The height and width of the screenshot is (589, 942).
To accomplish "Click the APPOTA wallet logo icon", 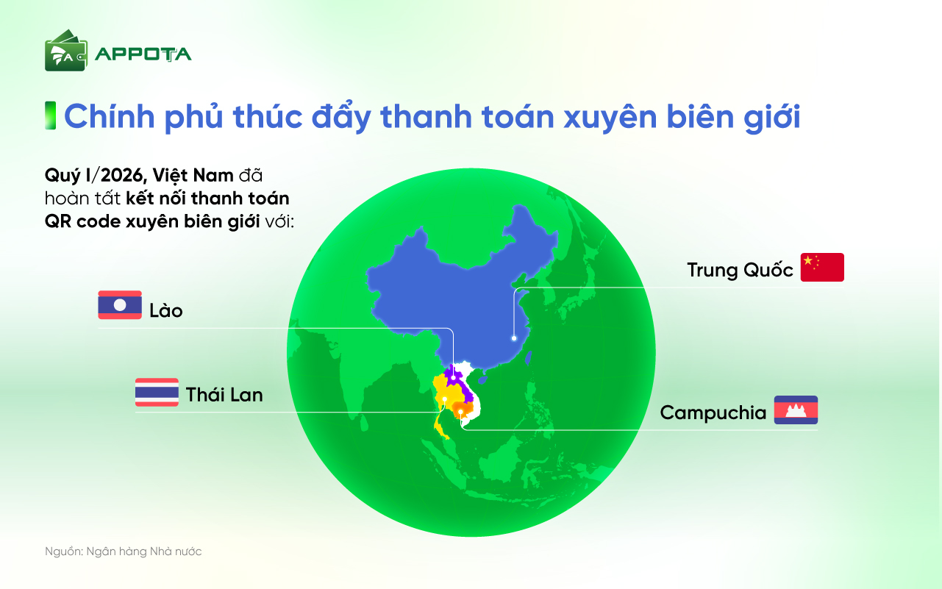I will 65,51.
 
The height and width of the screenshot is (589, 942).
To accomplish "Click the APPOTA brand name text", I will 143,54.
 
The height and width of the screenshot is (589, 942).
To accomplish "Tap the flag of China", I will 822,268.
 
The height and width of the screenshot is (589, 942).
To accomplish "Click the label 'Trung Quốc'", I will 740,270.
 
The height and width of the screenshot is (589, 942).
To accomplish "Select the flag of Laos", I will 120,305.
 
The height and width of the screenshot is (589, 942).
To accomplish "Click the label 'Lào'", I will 165,310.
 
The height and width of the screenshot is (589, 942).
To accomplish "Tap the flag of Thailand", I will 157,392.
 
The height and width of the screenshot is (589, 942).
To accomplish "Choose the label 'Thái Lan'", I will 224,395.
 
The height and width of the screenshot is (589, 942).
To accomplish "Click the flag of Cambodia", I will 796,410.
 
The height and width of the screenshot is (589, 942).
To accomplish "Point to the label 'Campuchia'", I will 713,413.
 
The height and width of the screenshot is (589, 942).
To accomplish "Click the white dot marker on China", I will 514,339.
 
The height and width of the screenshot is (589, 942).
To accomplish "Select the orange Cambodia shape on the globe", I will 462,409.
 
